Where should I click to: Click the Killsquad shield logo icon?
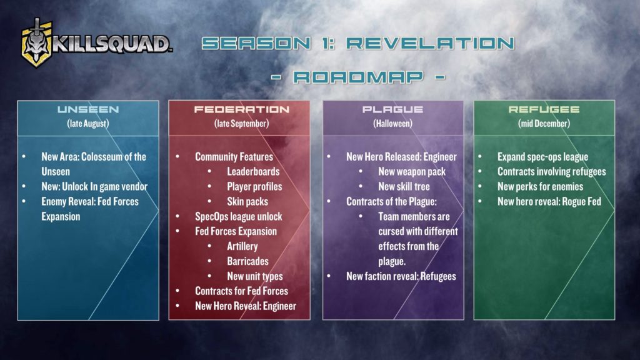pos(37,43)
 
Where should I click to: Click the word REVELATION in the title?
pos(430,43)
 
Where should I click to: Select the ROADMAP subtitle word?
pos(358,77)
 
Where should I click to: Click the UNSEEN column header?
pos(88,109)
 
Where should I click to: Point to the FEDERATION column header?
pos(242,109)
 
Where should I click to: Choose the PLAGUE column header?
pos(392,109)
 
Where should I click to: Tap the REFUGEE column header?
pos(544,109)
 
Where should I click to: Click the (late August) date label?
pos(88,123)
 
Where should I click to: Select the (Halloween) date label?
pos(392,123)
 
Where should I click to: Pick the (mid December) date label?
pos(544,123)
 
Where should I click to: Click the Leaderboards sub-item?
pos(254,171)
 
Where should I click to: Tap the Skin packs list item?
pos(247,202)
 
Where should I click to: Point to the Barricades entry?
pos(247,261)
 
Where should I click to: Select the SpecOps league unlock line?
pos(238,217)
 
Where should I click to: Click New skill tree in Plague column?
pos(404,186)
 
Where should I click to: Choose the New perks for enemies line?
pos(540,186)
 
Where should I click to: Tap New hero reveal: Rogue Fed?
pos(549,202)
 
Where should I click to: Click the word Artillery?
pos(242,246)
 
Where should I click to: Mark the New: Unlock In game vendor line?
pos(94,186)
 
